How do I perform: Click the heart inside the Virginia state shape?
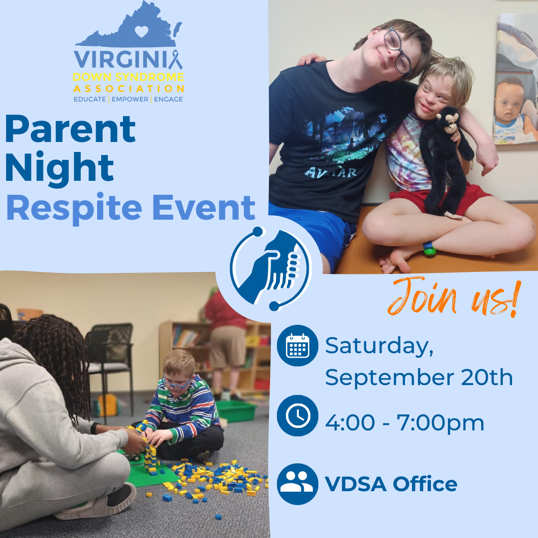[142, 31]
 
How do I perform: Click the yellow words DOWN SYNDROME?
[129, 77]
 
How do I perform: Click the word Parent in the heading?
[70, 130]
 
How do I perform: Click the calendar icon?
[297, 346]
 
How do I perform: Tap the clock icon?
[297, 416]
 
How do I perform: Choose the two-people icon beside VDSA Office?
[297, 484]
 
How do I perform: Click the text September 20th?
[419, 378]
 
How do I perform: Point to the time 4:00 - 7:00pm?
[404, 423]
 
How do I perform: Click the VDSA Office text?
[391, 484]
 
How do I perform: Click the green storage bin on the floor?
[236, 410]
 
